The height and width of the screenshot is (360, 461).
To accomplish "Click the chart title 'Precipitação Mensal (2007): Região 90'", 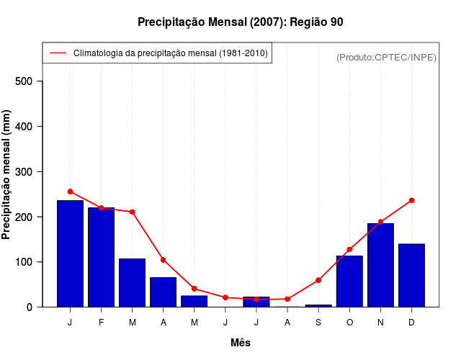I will pos(240,22).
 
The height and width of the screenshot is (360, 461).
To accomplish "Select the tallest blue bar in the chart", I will pos(70,253).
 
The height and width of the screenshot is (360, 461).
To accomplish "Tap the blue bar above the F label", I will pos(101,257).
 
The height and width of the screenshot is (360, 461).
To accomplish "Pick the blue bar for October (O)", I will pos(349,281).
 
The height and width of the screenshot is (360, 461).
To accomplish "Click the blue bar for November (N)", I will pos(380,265).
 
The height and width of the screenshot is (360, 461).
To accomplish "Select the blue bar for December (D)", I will pos(411,275).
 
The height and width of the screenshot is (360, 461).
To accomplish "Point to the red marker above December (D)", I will pos(411,200).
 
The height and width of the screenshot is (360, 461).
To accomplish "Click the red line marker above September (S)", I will pos(318,280).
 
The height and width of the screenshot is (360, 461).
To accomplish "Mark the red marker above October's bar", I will pos(349,250).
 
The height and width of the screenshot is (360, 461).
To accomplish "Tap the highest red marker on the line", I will pos(70,192).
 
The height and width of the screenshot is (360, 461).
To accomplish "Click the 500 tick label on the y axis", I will pos(25,81).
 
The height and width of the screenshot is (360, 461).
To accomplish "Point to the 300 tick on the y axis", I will pos(25,172).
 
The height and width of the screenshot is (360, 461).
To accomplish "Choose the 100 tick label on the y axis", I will pos(25,262).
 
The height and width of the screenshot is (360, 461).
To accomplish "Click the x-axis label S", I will pos(318,323).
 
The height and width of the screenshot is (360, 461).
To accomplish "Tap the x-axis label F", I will pos(101,323).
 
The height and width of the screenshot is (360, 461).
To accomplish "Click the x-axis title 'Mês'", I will pos(241,343).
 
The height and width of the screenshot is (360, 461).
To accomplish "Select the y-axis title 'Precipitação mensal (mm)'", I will pos(7,175).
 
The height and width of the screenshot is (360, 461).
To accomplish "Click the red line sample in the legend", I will pos(58,53).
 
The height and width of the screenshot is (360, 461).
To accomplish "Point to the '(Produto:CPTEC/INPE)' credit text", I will pos(386,57).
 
